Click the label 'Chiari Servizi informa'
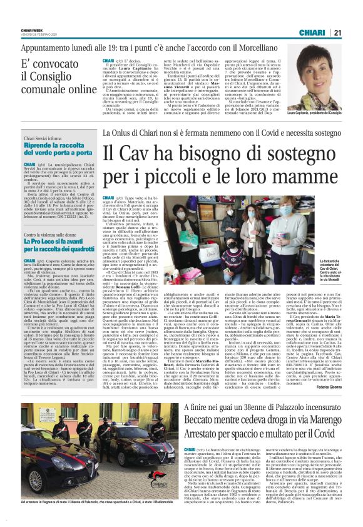click(x=44, y=138)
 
